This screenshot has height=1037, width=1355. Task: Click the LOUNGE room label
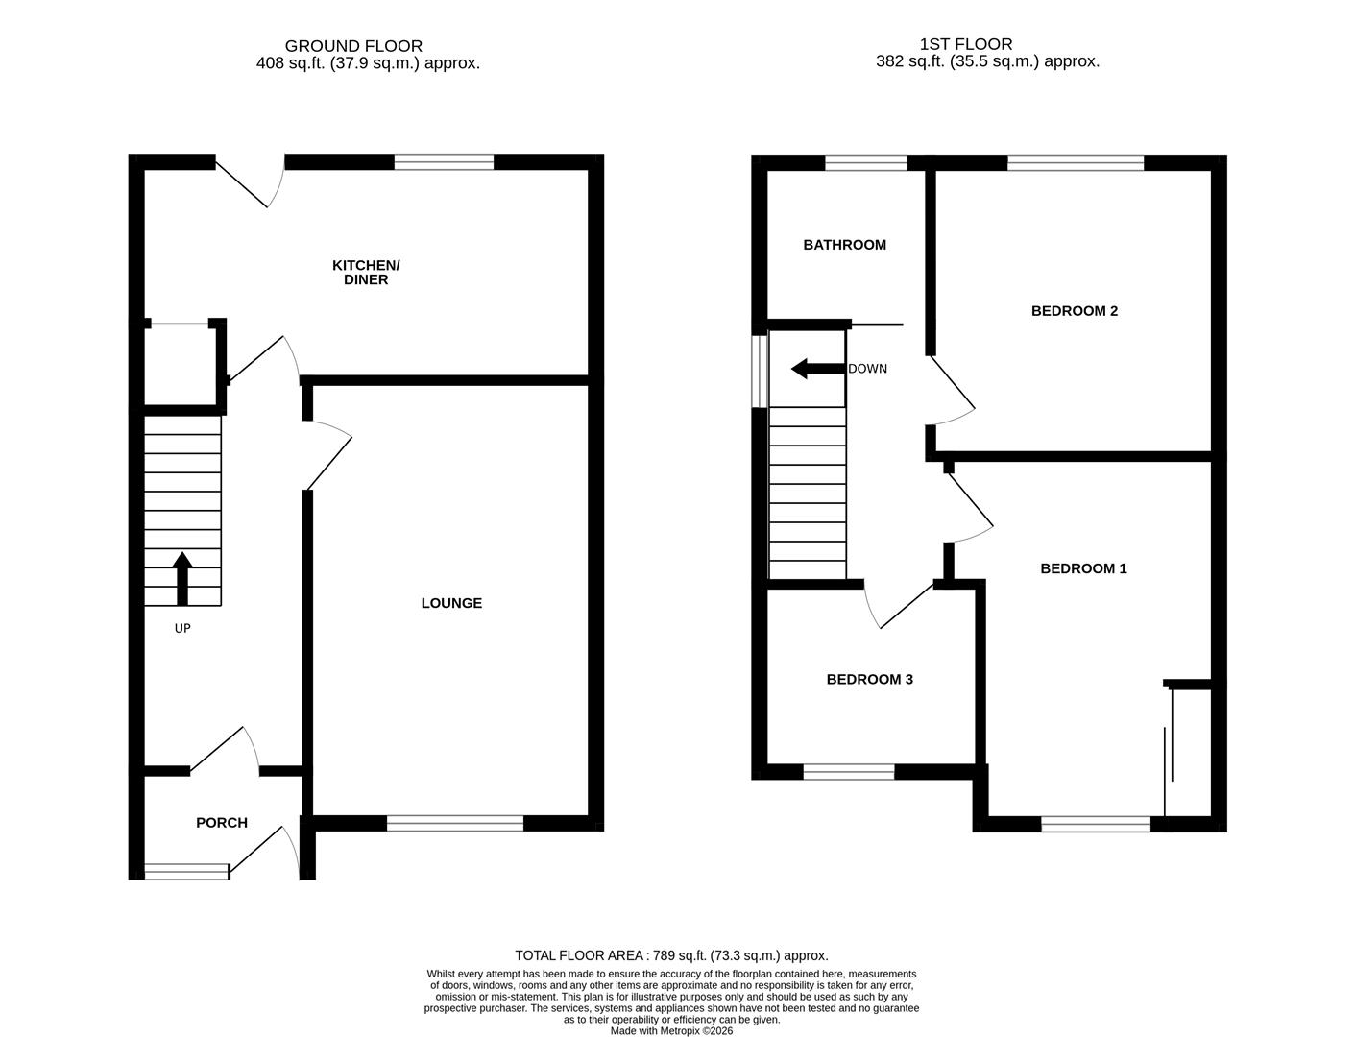[x=451, y=603]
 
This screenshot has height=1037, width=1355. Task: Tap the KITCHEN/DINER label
[x=366, y=273]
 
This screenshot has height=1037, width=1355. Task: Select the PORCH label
[x=222, y=823]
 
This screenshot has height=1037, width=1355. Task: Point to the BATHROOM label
[x=844, y=245]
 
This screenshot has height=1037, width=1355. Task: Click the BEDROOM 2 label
[x=1074, y=311]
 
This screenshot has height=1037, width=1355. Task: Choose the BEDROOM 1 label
[x=1083, y=568]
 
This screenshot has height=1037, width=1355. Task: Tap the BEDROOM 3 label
[x=869, y=680]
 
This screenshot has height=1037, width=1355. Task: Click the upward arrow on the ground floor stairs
[x=181, y=577]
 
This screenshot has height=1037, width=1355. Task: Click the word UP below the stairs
[x=182, y=629]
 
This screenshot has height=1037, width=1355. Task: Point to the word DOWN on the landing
[x=867, y=369]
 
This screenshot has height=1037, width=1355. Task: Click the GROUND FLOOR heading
[x=353, y=46]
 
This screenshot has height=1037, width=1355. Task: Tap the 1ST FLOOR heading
[x=966, y=44]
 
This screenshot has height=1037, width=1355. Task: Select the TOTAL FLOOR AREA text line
[x=671, y=955]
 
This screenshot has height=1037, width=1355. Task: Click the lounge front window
[x=455, y=823]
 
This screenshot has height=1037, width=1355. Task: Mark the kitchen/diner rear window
[x=444, y=162]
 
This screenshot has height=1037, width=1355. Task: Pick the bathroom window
[x=866, y=162]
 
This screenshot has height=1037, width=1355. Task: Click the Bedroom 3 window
[x=849, y=771]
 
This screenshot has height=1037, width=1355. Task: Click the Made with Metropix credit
[x=671, y=1031]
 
